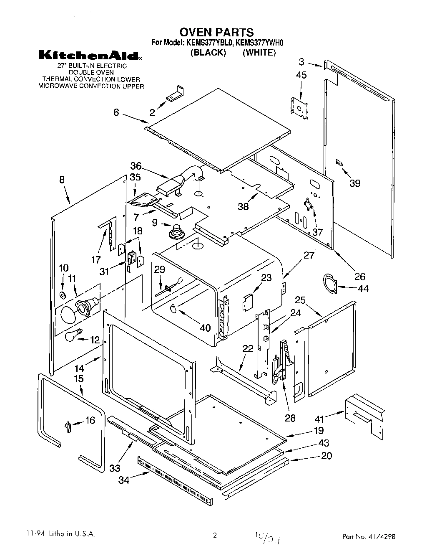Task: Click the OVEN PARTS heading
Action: (x=216, y=32)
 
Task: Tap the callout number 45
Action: (x=301, y=75)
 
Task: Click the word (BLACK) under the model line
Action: (x=208, y=53)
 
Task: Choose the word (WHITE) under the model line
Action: (x=259, y=53)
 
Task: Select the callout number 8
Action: (x=62, y=180)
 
